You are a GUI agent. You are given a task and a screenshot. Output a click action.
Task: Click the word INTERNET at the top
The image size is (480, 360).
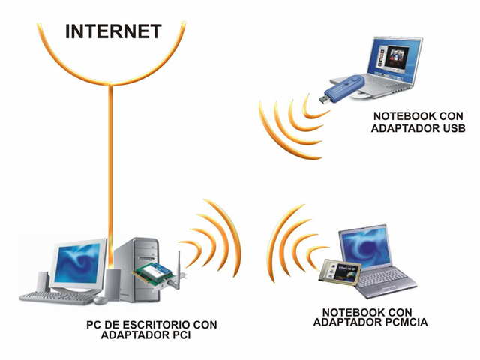click(x=113, y=31)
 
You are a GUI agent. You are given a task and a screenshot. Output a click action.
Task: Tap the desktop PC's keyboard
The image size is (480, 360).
click(x=56, y=297)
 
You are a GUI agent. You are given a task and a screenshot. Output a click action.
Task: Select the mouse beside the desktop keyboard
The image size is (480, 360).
click(x=100, y=299)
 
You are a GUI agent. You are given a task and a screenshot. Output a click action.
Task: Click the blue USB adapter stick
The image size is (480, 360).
click(x=346, y=85)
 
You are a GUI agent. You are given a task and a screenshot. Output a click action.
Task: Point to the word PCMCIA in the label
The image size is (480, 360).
click(x=401, y=322)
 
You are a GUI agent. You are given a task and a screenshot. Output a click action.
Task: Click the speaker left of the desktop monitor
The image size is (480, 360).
click(x=43, y=281)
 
